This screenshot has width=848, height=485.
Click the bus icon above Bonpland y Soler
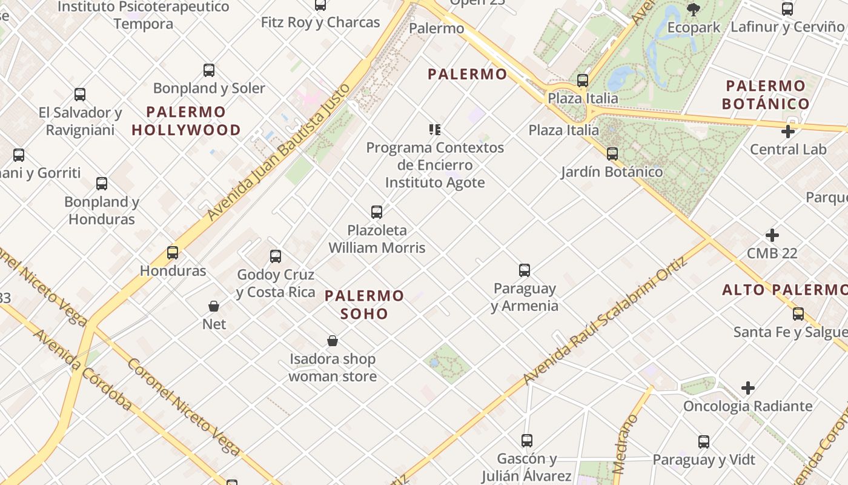[x=209, y=70]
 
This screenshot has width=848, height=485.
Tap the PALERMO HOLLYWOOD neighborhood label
[x=186, y=121]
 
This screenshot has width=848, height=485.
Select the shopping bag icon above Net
[x=214, y=306]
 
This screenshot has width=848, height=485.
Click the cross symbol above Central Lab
[x=788, y=131]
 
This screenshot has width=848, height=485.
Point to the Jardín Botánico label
[x=612, y=172]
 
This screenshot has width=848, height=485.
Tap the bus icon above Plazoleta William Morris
[x=377, y=212]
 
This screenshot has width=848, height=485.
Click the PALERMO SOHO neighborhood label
[x=364, y=304]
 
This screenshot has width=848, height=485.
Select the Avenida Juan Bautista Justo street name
[x=279, y=152]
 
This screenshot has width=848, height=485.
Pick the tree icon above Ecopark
[x=694, y=9]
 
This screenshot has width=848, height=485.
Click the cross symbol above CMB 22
[x=772, y=235]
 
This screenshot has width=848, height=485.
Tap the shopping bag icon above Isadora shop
[x=332, y=341]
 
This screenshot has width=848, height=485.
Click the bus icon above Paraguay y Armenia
[x=525, y=270]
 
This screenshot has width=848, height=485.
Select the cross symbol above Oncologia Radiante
[x=748, y=387]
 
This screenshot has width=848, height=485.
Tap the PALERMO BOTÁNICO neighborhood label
[x=766, y=95]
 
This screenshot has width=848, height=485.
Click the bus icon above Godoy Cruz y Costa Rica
[x=276, y=256]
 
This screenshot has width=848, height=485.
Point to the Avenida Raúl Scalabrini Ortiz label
[x=605, y=321]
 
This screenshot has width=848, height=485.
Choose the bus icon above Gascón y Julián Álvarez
[x=527, y=441]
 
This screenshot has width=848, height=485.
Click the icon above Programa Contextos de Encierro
[x=434, y=129]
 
